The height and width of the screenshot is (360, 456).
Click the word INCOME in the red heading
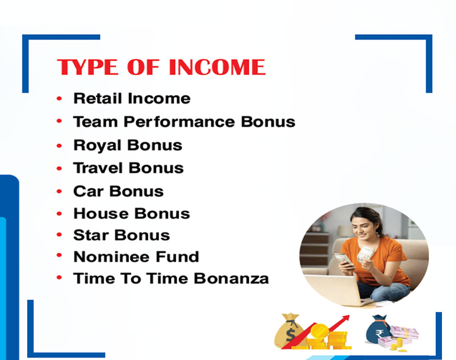tap(217, 67)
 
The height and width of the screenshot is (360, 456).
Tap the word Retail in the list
tap(98, 98)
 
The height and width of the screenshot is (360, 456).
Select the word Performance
tap(179, 122)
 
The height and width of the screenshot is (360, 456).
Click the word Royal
tap(97, 145)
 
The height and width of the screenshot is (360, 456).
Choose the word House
tap(100, 214)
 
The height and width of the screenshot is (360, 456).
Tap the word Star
tap(91, 235)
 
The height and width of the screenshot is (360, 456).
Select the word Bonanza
tap(231, 278)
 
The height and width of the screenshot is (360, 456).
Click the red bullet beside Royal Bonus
tap(59, 145)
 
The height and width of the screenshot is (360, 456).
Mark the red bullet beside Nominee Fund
tap(59, 255)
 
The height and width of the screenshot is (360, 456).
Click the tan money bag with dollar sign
tap(289, 331)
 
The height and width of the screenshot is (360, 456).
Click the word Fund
tap(177, 257)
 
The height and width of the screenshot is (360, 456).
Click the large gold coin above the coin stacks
tap(319, 331)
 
